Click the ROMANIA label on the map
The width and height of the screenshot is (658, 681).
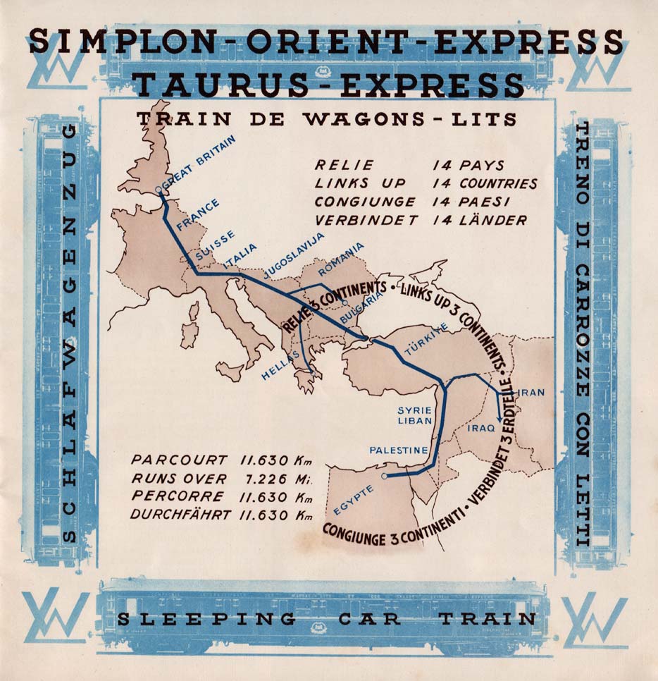coord(342,258)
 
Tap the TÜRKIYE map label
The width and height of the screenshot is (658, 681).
coord(426,340)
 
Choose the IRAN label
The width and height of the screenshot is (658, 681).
coord(531,392)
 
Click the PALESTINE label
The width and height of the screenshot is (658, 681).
coord(399,450)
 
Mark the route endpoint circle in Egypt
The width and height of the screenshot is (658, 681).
coord(384,477)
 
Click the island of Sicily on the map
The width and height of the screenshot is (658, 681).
coord(230,370)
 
